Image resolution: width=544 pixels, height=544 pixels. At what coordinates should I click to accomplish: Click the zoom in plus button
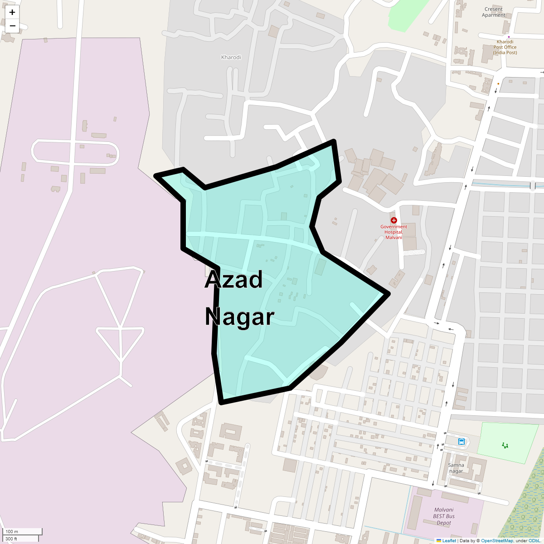pyautogui.click(x=12, y=12)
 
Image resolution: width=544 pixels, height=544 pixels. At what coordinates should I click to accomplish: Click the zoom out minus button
pyautogui.click(x=12, y=26)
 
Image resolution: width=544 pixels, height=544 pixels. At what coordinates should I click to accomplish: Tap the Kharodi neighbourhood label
pyautogui.click(x=231, y=58)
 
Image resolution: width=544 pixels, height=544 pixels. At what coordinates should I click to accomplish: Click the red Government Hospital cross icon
pyautogui.click(x=393, y=220)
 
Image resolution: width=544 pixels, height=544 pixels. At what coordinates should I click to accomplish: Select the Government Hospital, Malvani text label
pyautogui.click(x=393, y=232)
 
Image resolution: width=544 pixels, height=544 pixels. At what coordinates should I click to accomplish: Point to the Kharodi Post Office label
pyautogui.click(x=505, y=47)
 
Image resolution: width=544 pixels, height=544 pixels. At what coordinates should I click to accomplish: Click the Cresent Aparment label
pyautogui.click(x=494, y=12)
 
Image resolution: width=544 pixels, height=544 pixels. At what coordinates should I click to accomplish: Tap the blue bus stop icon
pyautogui.click(x=461, y=442)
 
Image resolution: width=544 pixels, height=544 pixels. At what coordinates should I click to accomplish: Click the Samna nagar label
pyautogui.click(x=456, y=468)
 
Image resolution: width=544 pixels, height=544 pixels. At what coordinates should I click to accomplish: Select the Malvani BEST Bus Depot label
pyautogui.click(x=444, y=516)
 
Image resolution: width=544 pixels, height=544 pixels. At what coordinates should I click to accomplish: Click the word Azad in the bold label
pyautogui.click(x=233, y=280)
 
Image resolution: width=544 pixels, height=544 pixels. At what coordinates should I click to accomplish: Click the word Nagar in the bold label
pyautogui.click(x=239, y=317)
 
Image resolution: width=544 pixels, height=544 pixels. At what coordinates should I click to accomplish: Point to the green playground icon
pyautogui.click(x=505, y=445)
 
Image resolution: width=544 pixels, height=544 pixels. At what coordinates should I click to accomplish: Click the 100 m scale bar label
pyautogui.click(x=12, y=531)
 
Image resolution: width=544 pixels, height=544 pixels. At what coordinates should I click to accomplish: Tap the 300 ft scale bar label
pyautogui.click(x=11, y=539)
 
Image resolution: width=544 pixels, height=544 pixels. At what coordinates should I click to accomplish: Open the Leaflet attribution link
pyautogui.click(x=449, y=540)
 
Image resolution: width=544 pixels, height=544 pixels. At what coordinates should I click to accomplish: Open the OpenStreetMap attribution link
pyautogui.click(x=497, y=540)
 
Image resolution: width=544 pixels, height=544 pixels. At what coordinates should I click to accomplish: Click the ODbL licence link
pyautogui.click(x=534, y=540)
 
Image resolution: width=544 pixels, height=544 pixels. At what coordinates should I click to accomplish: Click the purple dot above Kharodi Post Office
pyautogui.click(x=509, y=37)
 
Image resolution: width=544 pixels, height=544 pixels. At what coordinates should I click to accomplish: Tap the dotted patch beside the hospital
pyautogui.click(x=414, y=252)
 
